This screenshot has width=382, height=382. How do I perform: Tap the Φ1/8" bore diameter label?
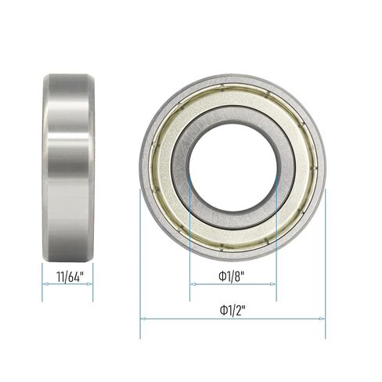tap(233, 276)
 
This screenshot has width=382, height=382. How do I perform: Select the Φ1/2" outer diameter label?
tap(233, 308)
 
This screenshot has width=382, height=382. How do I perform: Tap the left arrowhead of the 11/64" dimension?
tap(45, 285)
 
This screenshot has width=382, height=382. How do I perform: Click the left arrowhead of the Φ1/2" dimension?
tap(142, 318)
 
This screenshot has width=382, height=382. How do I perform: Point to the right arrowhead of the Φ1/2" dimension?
tap(323, 318)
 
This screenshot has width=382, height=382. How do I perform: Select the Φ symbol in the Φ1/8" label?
tap(222, 276)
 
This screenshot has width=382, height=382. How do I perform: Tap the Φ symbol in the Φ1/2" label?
tap(222, 308)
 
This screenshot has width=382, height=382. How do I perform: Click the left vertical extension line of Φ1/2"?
tap(140, 258)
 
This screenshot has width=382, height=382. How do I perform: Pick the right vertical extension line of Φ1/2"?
tap(325, 258)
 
